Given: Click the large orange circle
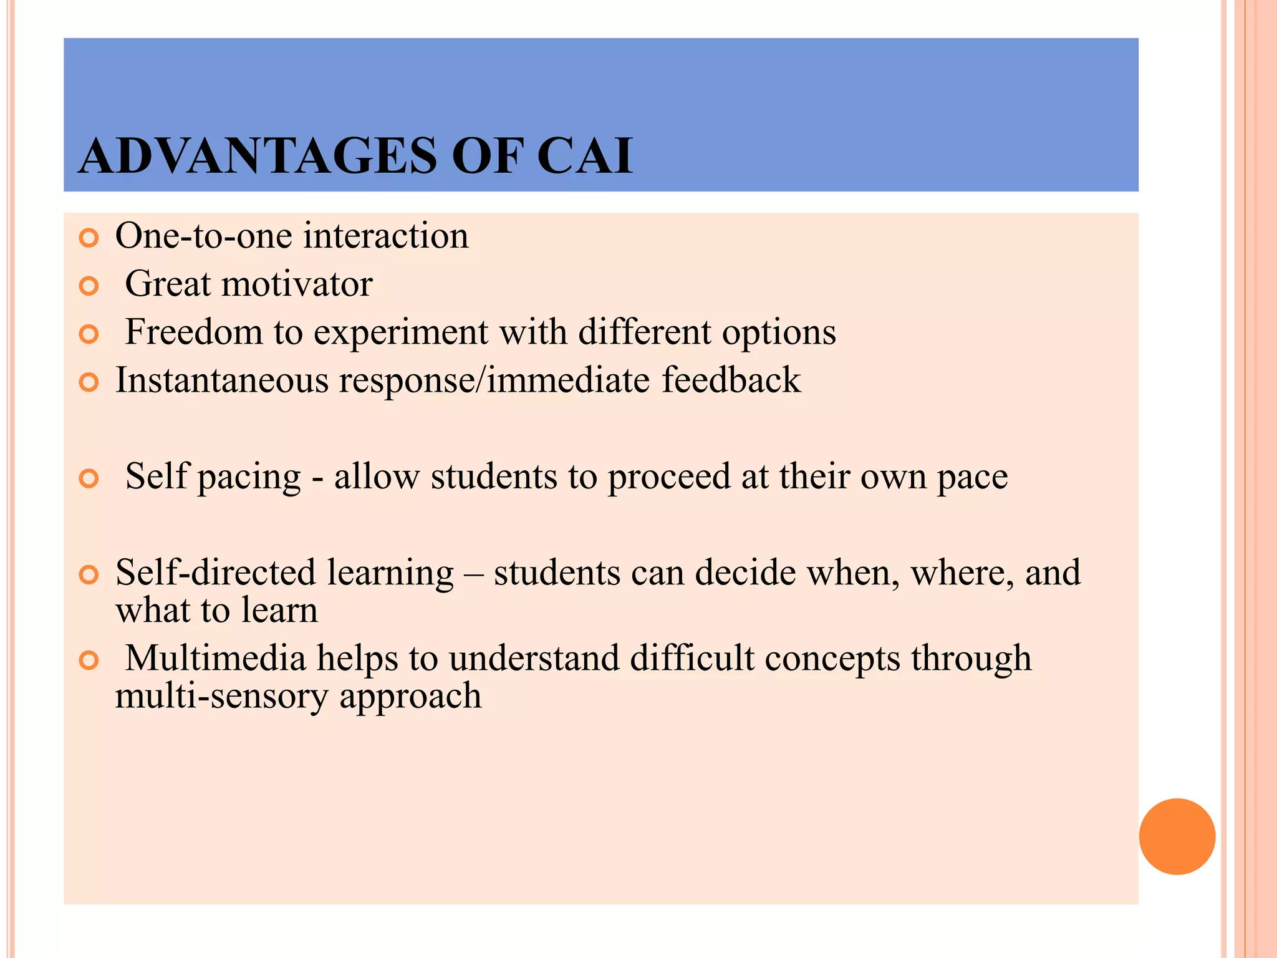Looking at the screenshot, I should [x=1177, y=836].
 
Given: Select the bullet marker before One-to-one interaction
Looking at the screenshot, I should [x=89, y=238].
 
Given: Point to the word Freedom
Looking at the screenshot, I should [x=193, y=332].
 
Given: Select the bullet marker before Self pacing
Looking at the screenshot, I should [x=89, y=478].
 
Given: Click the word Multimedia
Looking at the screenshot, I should [x=215, y=658].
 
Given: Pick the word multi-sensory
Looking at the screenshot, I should [x=221, y=695].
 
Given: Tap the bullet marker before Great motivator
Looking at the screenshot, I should [x=89, y=286].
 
